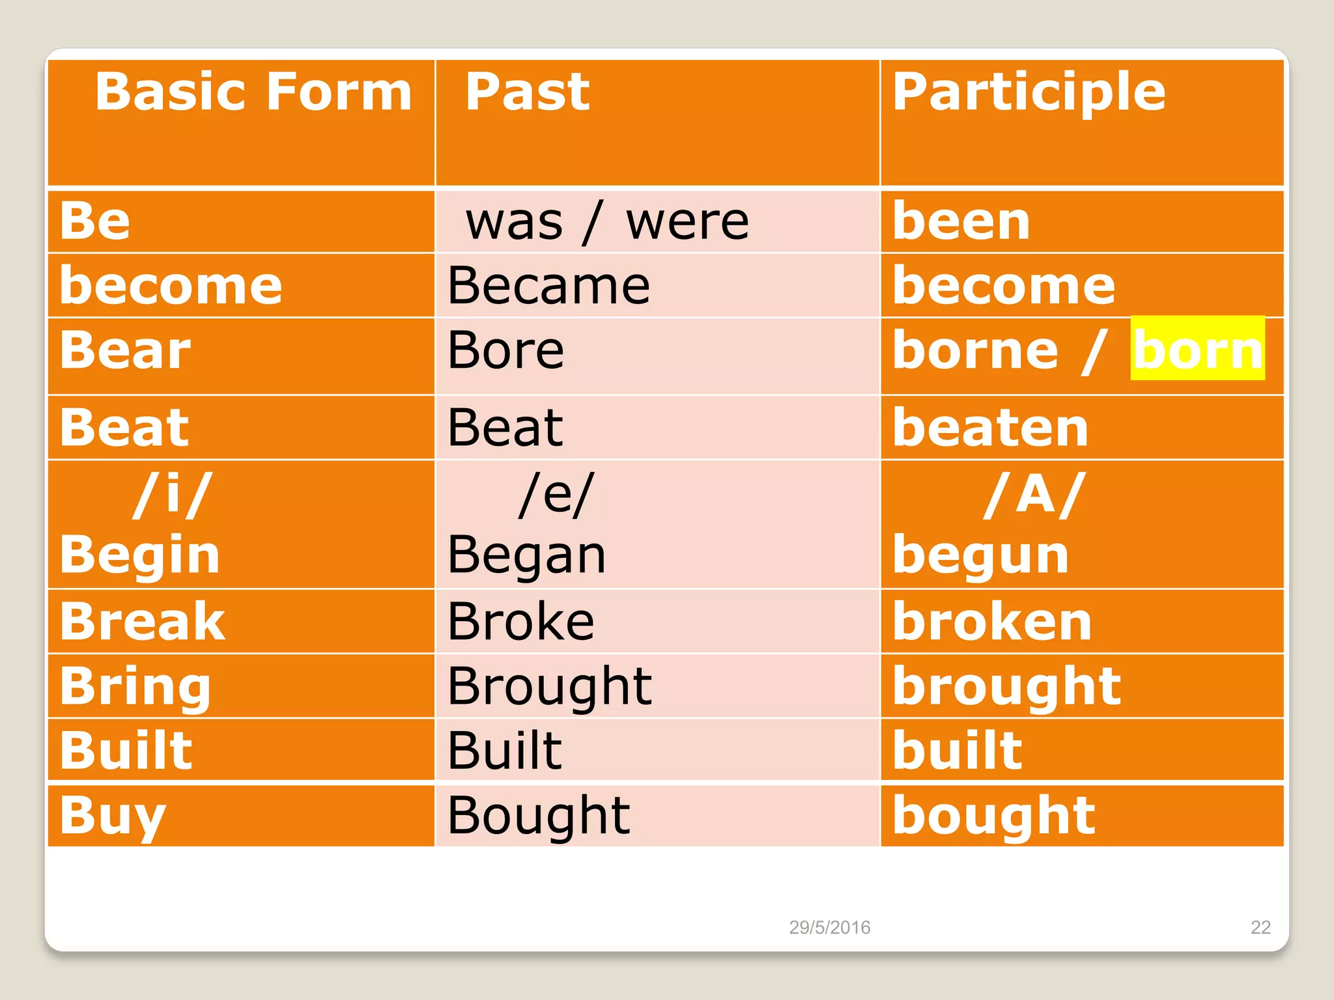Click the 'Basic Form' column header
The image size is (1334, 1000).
pos(253,92)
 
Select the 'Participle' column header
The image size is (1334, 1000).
pos(1029,93)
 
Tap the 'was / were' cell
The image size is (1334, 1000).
pos(607,223)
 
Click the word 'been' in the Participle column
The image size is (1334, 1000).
pos(961,221)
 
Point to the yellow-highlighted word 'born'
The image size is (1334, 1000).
pos(1198,349)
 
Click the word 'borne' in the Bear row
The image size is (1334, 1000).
pos(975,350)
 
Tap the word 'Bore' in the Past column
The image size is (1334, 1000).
pos(505,350)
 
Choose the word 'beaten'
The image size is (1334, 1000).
pos(990,428)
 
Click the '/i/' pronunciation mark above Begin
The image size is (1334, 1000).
pos(172,495)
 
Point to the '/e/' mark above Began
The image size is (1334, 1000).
pos(556,495)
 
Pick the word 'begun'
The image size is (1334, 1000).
pos(980,555)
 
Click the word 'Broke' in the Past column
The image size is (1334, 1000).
pos(521,621)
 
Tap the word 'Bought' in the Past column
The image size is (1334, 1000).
pos(539,816)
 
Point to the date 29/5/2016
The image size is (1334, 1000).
pos(829,927)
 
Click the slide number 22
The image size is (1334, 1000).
pos(1260,927)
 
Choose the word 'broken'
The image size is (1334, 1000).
pos(992,621)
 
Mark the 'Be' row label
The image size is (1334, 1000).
pos(95,221)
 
